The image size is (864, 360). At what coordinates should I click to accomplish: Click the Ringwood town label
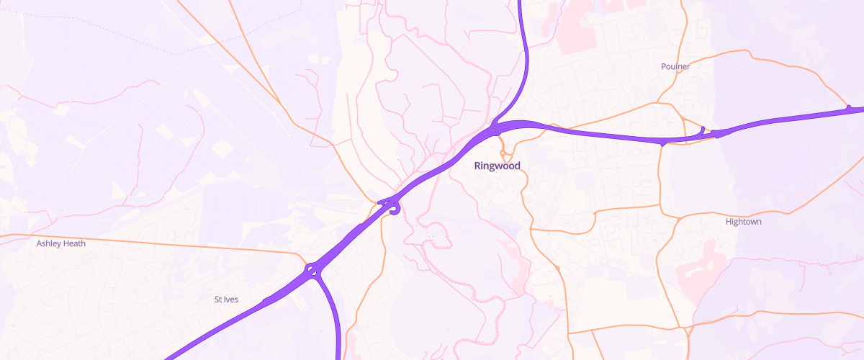[x=497, y=166]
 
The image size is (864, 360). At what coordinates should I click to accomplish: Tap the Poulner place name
[x=675, y=67]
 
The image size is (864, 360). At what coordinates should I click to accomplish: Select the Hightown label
[x=744, y=222]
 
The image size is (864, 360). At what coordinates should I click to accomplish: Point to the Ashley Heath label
[x=61, y=243]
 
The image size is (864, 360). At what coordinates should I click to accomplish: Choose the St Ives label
[x=226, y=299]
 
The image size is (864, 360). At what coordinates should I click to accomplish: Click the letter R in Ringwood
[x=478, y=166]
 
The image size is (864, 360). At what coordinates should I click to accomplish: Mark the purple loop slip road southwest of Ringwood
[x=394, y=210]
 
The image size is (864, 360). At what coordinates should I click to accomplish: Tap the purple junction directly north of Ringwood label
[x=496, y=130]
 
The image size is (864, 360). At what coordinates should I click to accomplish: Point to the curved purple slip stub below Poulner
[x=702, y=130]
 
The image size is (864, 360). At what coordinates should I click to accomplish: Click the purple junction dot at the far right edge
[x=849, y=108]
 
